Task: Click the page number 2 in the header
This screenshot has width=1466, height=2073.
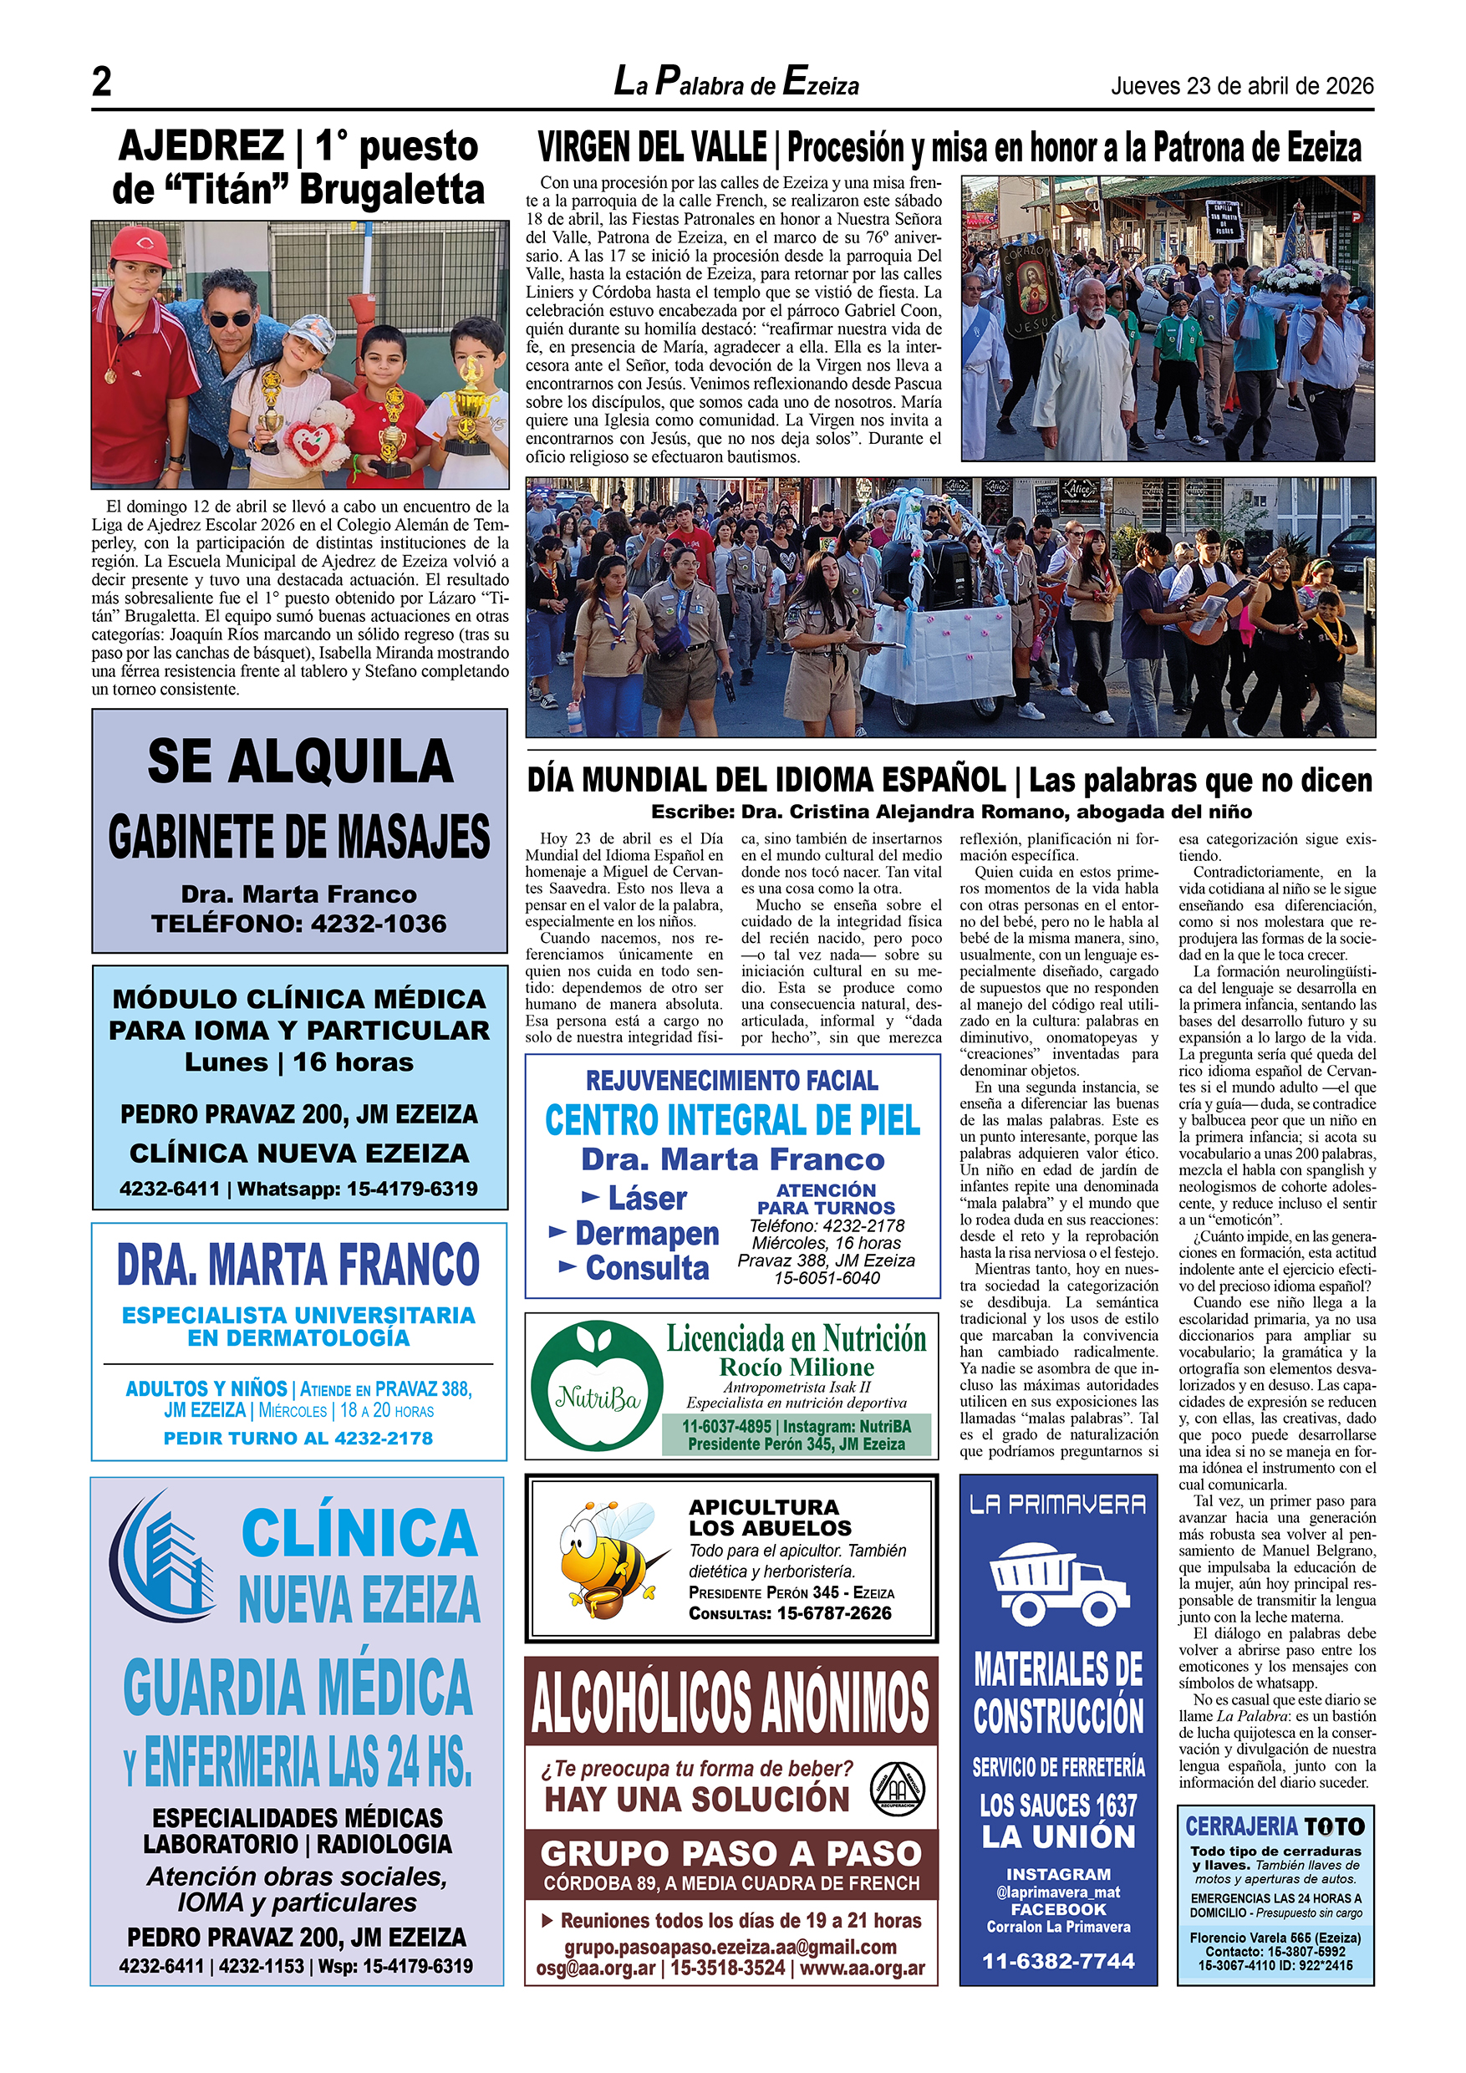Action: [102, 82]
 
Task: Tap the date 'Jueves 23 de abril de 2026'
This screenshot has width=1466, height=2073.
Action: [1241, 86]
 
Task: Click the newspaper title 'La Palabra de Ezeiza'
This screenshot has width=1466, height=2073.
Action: [736, 82]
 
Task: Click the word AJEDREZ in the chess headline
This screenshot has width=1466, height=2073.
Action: [201, 146]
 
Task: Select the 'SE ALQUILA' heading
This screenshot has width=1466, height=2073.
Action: [300, 761]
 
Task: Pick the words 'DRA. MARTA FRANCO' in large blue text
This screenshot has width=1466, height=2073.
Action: [298, 1264]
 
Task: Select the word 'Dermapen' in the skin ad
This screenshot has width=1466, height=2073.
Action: [646, 1232]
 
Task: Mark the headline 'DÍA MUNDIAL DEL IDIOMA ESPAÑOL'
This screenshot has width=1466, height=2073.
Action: [766, 780]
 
